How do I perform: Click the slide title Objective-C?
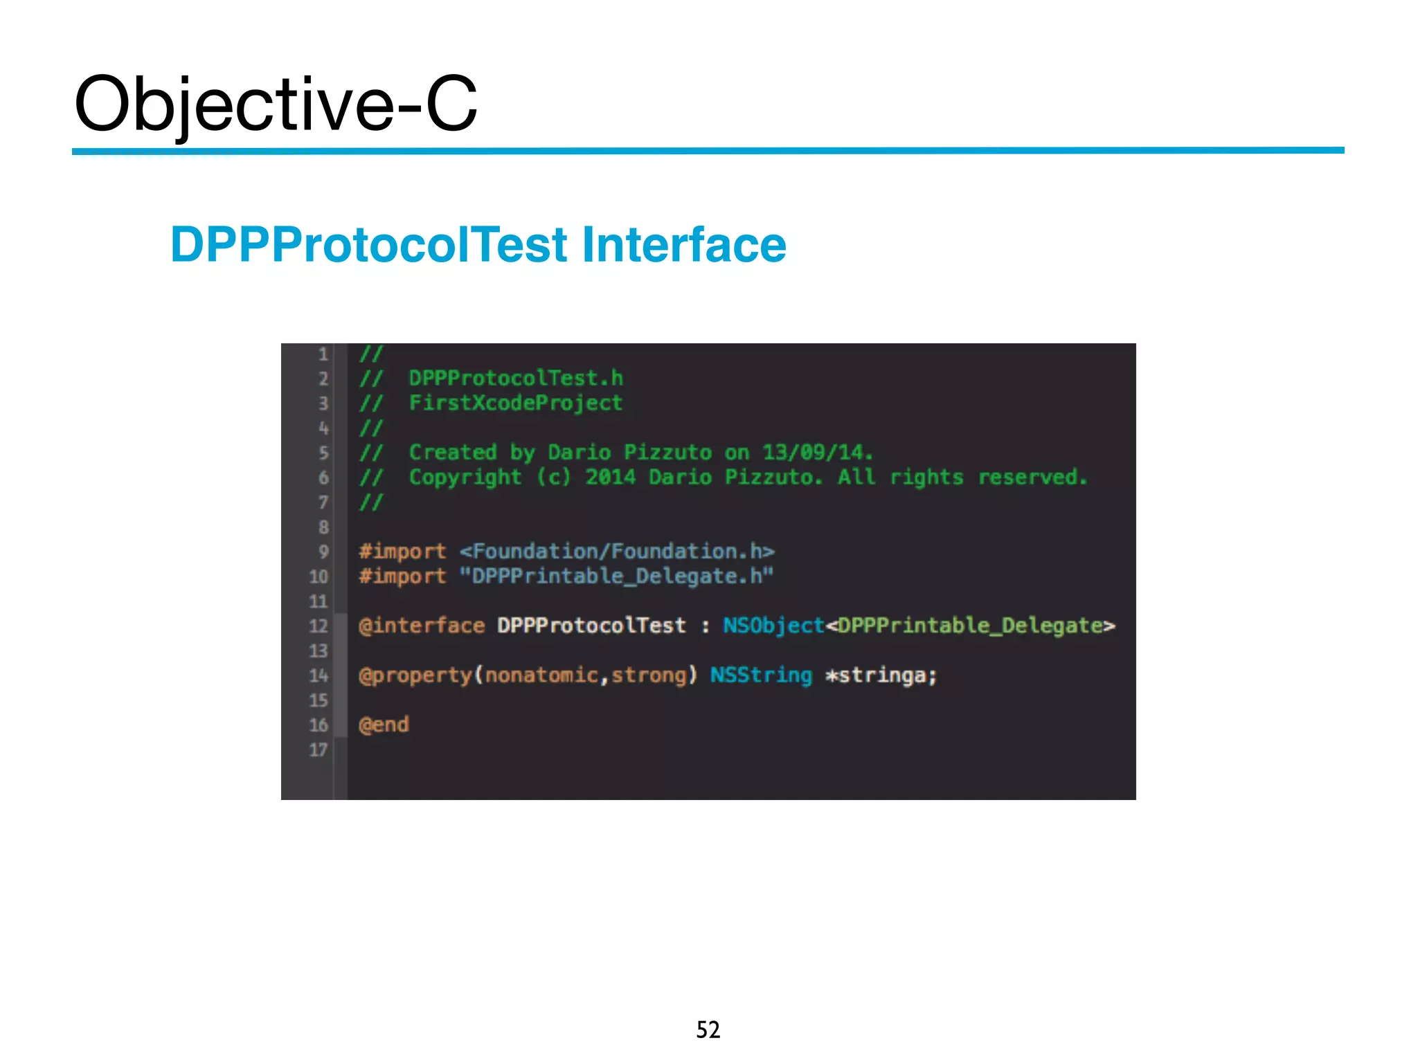tap(276, 104)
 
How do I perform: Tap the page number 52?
tap(708, 1030)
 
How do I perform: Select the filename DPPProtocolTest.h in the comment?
tap(516, 379)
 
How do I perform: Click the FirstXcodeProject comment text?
tap(516, 403)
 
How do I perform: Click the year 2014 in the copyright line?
tap(610, 478)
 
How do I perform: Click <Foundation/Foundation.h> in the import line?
tap(617, 552)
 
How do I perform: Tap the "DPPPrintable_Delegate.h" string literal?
tap(616, 576)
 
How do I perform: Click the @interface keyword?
tap(422, 626)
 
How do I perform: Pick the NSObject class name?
tap(773, 626)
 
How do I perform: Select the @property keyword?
tap(415, 675)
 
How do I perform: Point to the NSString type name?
tap(761, 675)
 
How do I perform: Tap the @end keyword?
tap(384, 725)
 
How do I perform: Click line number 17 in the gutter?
tap(318, 750)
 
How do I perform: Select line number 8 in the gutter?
tap(323, 527)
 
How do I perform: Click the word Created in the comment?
tap(453, 453)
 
